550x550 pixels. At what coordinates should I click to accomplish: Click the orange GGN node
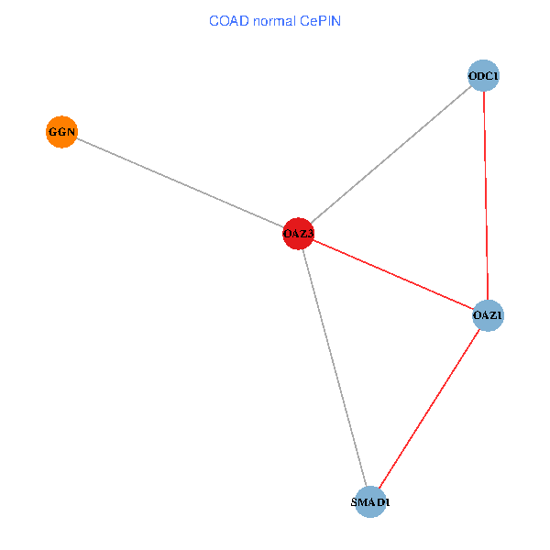click(61, 132)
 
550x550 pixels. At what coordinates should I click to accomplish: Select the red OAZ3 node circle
click(299, 234)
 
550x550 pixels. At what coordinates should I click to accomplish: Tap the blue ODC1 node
click(483, 75)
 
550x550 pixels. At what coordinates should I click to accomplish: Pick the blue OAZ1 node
click(488, 316)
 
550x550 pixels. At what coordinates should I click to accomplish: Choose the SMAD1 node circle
click(370, 502)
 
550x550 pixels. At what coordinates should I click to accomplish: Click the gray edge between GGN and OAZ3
click(180, 182)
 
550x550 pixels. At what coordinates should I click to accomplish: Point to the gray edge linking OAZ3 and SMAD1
click(335, 368)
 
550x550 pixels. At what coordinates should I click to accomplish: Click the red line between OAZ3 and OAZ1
click(393, 275)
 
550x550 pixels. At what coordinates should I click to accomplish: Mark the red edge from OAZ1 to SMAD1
click(429, 409)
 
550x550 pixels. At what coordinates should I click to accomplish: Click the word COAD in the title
click(227, 20)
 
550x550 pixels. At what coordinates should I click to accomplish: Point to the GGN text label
click(61, 133)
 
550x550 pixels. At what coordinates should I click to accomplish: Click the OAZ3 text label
click(299, 235)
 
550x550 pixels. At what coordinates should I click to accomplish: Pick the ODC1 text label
click(483, 76)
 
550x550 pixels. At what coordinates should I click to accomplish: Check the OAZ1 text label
click(488, 317)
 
